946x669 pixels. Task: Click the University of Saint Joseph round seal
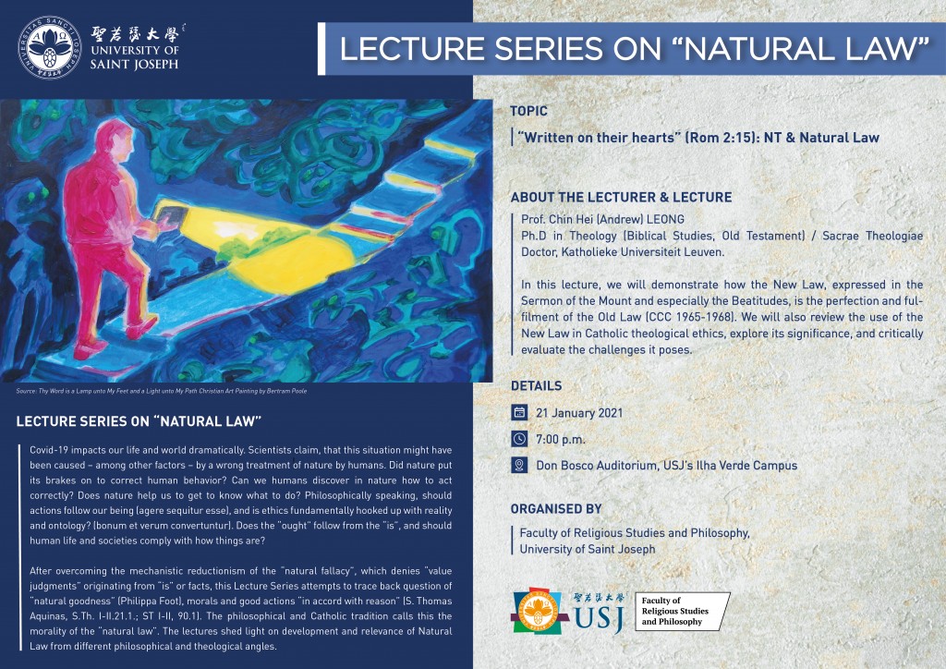coord(50,48)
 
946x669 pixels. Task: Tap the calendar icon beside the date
coord(519,413)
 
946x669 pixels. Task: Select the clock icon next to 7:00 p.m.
coord(519,439)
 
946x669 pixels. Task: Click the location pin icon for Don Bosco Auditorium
coord(519,465)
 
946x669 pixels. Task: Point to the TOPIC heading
coord(528,111)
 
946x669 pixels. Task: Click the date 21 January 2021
coord(579,413)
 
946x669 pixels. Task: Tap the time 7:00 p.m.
coord(561,440)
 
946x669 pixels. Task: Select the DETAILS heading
coord(537,386)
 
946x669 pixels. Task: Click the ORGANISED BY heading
coord(556,509)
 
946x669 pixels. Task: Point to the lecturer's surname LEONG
coord(665,220)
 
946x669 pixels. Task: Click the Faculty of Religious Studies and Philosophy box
coord(682,612)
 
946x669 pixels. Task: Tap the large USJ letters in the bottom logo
coord(599,618)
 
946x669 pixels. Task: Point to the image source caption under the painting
coord(162,391)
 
